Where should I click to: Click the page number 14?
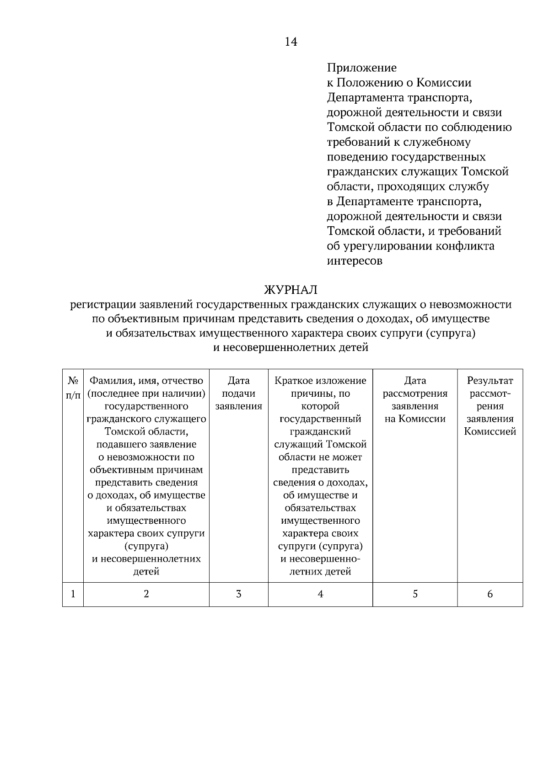tap(291, 42)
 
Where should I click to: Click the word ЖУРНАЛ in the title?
tap(291, 290)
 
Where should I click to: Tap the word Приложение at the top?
tap(361, 68)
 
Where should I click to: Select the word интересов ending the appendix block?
tap(355, 261)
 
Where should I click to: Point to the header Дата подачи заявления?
tap(238, 393)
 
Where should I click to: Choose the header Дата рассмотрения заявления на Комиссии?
tap(415, 399)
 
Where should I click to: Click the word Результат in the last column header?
tap(490, 380)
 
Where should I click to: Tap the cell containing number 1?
tap(73, 594)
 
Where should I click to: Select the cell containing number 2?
tap(146, 594)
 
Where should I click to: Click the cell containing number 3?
tap(238, 594)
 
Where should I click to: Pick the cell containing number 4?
tap(320, 594)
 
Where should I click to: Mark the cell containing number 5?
tap(415, 594)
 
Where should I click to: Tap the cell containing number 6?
tap(490, 594)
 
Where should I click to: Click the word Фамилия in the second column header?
tap(109, 380)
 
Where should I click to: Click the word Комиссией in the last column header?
tap(490, 431)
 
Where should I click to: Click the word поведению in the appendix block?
tap(357, 157)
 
